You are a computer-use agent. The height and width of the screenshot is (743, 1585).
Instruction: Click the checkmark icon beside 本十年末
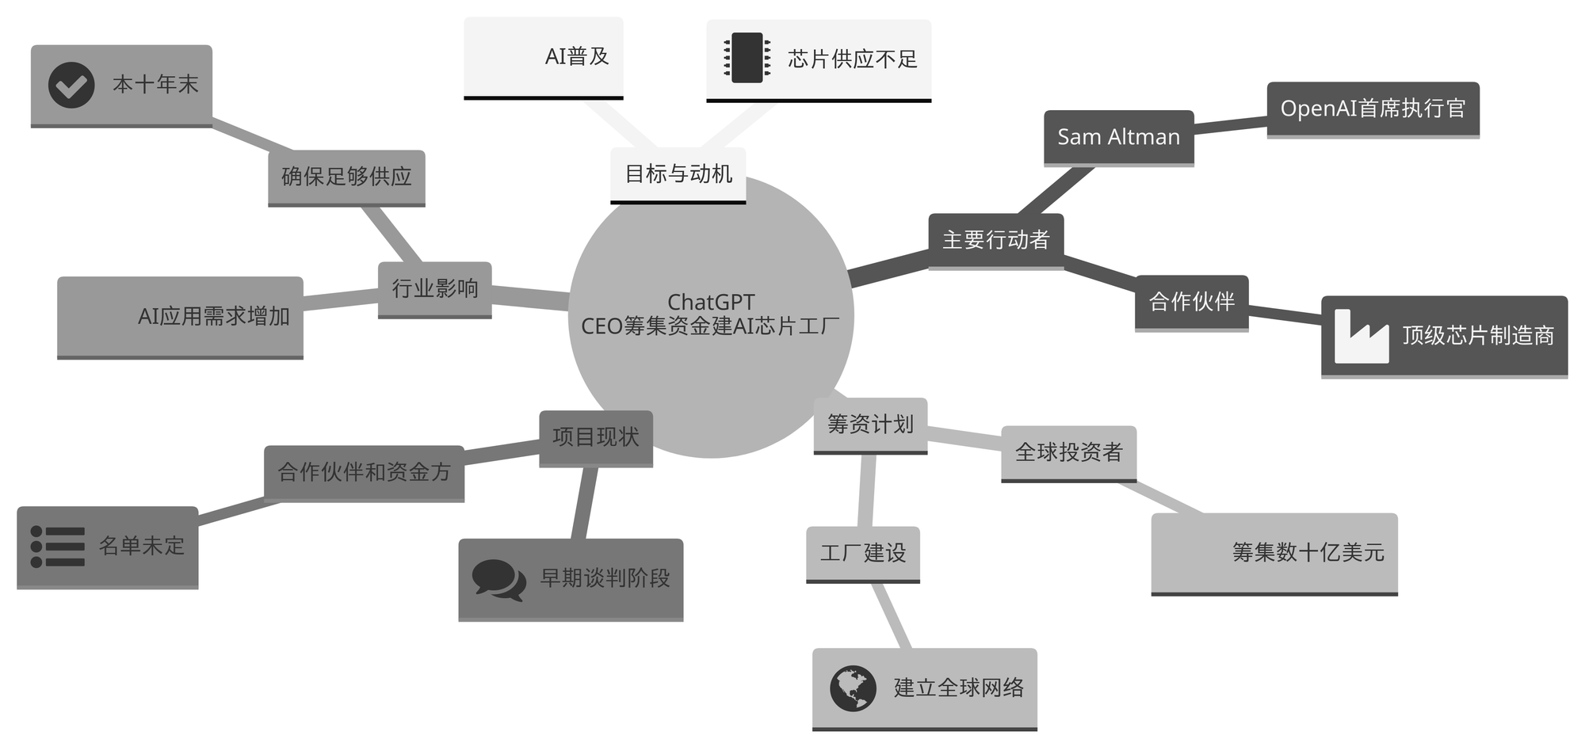[71, 85]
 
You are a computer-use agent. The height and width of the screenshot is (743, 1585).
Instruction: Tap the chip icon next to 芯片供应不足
[747, 58]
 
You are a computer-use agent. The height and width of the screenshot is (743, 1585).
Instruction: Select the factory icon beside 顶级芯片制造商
[1362, 337]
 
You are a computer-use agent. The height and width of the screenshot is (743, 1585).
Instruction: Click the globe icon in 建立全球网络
[853, 688]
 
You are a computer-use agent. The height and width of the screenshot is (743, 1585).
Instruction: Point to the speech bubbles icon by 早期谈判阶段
[498, 579]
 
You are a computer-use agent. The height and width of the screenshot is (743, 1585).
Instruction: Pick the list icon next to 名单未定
[57, 547]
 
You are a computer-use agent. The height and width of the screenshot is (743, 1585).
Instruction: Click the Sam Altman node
[1118, 137]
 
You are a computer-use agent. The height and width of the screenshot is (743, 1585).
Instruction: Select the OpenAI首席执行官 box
[1373, 109]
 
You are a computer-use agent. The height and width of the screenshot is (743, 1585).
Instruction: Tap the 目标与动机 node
[678, 173]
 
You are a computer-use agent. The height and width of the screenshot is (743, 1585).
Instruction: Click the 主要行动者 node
[995, 240]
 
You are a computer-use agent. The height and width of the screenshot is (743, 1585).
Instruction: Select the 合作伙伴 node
[1191, 302]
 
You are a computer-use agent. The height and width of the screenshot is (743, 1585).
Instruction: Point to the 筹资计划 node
[870, 425]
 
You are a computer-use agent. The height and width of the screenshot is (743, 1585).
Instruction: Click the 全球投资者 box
[1068, 452]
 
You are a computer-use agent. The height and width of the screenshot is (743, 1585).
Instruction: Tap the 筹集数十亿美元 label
[1308, 552]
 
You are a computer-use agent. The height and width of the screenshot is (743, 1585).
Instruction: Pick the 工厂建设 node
[862, 553]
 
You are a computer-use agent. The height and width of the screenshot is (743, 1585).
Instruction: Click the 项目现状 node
[596, 437]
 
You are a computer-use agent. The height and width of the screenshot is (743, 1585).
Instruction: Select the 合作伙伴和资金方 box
[364, 472]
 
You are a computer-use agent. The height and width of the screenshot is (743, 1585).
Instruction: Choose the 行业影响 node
[434, 288]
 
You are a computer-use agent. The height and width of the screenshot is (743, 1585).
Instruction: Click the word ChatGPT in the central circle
[711, 302]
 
